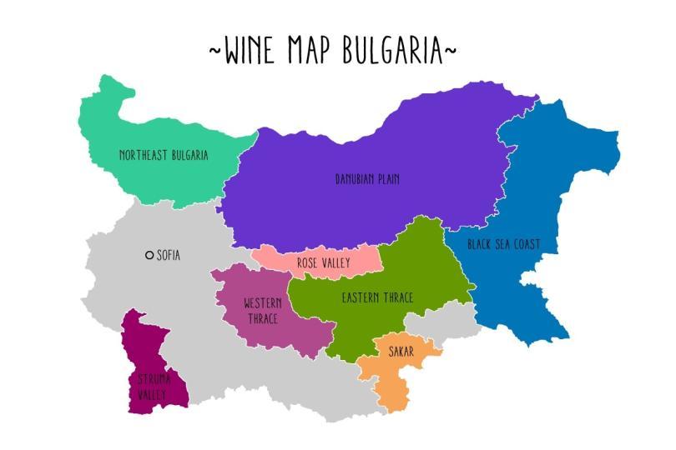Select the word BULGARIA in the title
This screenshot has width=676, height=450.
391,50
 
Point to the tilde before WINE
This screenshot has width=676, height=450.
215,52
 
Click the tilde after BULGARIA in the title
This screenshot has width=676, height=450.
451,52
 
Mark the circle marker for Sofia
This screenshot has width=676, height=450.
149,256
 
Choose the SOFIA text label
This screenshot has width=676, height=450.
169,256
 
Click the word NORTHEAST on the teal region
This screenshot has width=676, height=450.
144,155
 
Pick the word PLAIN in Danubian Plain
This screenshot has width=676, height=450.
387,178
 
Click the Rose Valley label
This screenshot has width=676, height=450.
323,263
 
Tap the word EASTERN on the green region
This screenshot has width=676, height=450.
361,297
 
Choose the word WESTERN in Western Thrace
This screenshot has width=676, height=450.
263,303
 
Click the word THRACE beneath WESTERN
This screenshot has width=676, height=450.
263,318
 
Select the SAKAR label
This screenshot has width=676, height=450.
401,352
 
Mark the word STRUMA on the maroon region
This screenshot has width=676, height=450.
154,379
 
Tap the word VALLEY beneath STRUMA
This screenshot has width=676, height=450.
153,395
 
